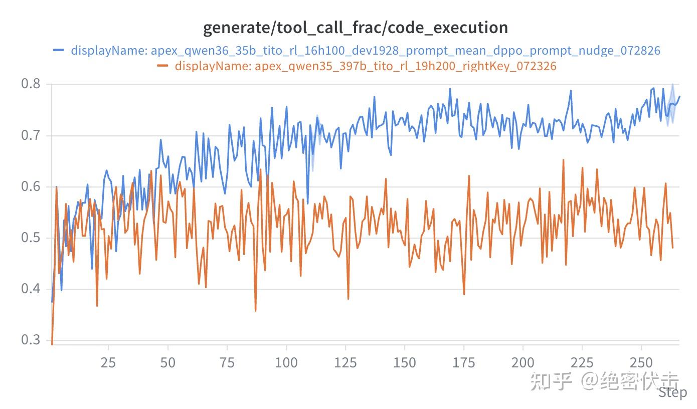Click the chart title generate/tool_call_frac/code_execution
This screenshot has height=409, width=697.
(x=356, y=28)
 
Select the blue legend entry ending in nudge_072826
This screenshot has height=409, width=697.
(x=366, y=51)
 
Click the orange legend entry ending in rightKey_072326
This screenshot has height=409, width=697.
(x=366, y=66)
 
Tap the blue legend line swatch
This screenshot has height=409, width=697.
(x=59, y=50)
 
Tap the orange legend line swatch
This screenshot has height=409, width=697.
(x=162, y=66)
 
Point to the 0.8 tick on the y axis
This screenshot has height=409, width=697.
(x=31, y=84)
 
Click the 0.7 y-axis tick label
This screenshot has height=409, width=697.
(x=31, y=135)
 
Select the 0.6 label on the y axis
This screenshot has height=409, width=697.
(x=31, y=186)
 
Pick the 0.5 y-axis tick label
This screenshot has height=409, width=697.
(x=31, y=238)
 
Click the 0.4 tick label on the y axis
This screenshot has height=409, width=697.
(x=31, y=289)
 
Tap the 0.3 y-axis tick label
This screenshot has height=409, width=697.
(x=31, y=340)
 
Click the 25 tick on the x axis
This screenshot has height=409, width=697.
(x=108, y=363)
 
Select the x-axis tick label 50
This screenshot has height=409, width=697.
(x=167, y=363)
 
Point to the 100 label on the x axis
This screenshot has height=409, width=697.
(x=286, y=363)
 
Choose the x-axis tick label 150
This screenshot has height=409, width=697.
(x=405, y=363)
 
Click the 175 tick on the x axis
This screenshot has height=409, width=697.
(x=464, y=363)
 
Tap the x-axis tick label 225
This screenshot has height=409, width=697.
(x=582, y=363)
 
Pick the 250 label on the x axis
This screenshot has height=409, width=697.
(x=641, y=363)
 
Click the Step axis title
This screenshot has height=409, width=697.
(x=673, y=393)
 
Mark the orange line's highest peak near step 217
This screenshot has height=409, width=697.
(x=564, y=160)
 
